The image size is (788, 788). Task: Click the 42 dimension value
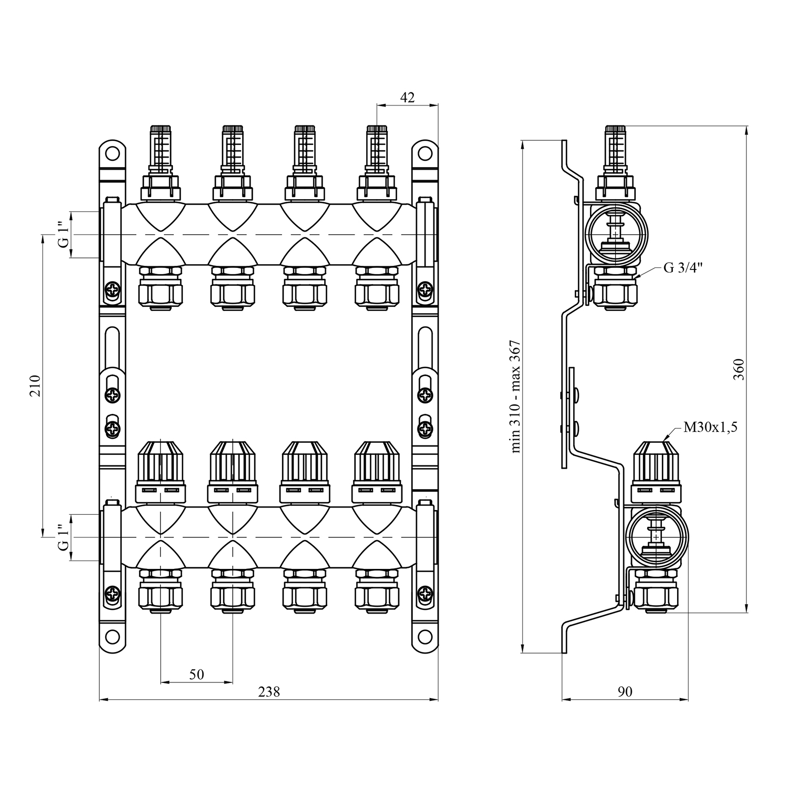[407, 97]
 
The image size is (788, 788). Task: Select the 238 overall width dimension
[269, 692]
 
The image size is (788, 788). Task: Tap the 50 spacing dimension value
[196, 674]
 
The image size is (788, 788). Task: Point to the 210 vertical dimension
[35, 386]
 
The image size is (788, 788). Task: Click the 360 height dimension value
[738, 369]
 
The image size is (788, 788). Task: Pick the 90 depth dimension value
[625, 692]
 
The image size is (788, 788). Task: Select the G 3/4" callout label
[683, 268]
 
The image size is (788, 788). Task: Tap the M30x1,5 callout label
[710, 427]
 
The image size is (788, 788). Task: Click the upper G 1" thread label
[63, 235]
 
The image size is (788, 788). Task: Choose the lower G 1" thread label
[63, 537]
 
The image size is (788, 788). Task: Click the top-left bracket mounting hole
[112, 154]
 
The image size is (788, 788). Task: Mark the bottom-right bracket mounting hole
[424, 637]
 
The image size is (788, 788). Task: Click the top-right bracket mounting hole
[424, 154]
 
